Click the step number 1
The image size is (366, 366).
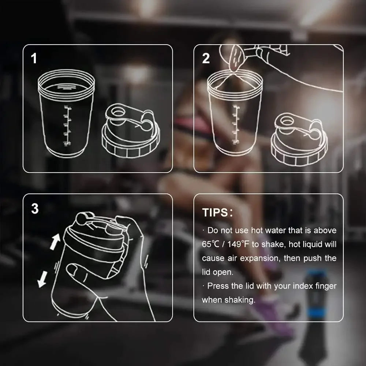34,59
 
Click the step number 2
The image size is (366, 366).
206,59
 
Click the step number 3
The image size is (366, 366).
35,209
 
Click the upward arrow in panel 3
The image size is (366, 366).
55,242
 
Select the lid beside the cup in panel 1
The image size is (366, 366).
131,134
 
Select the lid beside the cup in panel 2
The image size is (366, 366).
299,139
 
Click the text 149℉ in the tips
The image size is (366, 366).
235,244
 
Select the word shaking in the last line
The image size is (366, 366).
240,300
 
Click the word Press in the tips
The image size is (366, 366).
219,286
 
